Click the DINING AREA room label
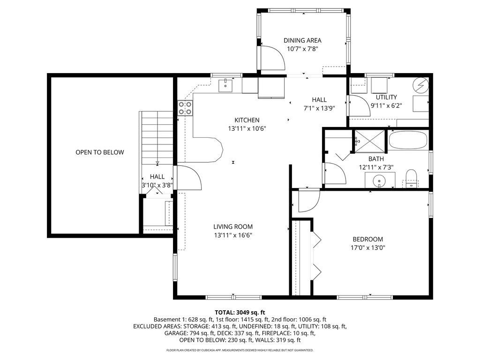(302, 40)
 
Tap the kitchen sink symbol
(225, 85)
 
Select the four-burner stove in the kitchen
(185, 108)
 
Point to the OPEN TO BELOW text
(100, 152)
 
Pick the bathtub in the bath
(408, 140)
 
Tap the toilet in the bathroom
(411, 179)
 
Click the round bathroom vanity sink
(380, 180)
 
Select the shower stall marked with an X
(370, 141)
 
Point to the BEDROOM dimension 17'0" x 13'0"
(367, 247)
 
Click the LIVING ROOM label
(233, 227)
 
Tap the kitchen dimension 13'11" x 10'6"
(247, 128)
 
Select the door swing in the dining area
(272, 58)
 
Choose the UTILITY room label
(386, 97)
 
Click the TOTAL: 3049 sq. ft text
(240, 313)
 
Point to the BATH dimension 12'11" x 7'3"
(376, 167)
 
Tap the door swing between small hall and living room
(189, 178)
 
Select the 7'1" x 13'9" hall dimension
(319, 108)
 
